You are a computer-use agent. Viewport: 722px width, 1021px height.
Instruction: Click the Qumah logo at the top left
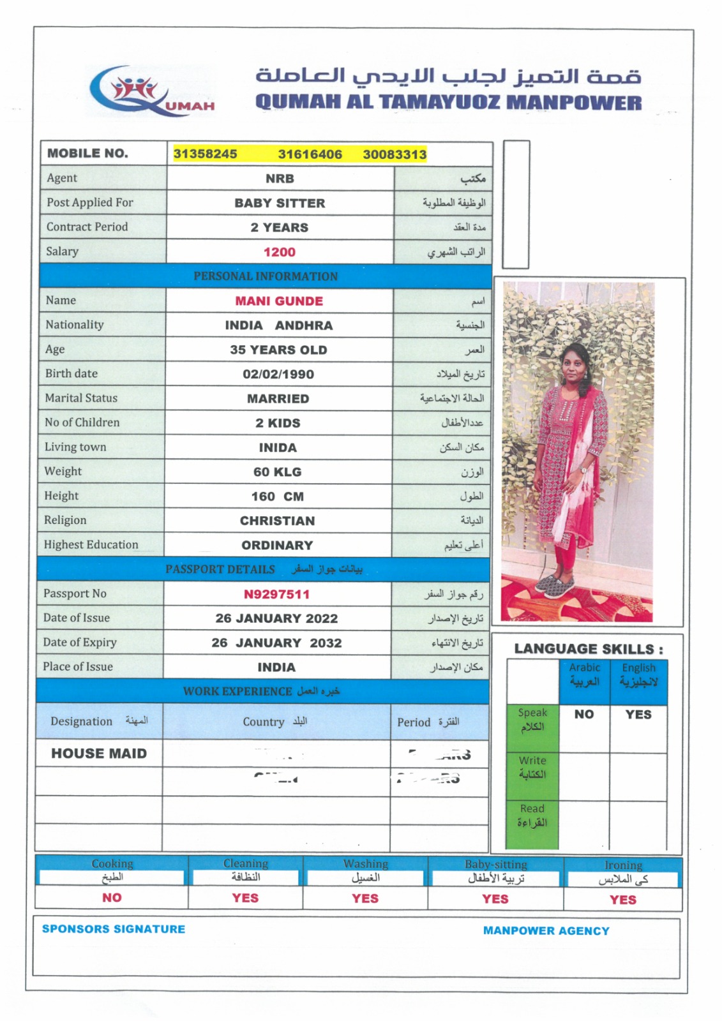tap(151, 91)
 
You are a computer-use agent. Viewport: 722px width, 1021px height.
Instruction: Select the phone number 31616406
tap(310, 154)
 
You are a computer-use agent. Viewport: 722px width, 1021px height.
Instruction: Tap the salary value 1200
tap(280, 252)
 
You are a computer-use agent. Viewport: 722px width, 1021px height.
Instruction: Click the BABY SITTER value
tap(280, 203)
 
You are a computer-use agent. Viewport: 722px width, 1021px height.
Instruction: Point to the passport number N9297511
tap(276, 594)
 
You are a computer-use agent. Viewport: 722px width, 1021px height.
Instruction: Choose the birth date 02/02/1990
tap(278, 374)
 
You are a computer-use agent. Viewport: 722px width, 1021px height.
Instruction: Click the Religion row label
tap(65, 520)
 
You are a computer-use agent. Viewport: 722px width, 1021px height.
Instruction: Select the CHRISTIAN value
tap(277, 521)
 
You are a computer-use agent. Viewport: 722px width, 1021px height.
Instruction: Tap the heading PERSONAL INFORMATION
tap(266, 276)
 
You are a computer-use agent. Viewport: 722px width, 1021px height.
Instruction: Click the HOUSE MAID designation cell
tap(99, 754)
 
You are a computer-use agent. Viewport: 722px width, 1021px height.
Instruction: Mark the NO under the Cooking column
tap(112, 898)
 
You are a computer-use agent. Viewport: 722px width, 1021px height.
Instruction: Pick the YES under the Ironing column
tap(622, 900)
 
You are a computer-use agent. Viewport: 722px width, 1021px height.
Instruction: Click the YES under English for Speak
tap(638, 715)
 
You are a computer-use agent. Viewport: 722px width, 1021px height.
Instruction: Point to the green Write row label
tap(532, 768)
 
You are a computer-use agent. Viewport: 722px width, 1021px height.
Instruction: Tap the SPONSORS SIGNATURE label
tap(114, 929)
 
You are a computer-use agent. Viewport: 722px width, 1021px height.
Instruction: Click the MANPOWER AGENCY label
tap(546, 931)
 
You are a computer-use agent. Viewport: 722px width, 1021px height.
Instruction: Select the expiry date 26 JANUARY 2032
tap(276, 643)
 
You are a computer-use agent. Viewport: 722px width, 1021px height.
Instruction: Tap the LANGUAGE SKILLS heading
tap(588, 649)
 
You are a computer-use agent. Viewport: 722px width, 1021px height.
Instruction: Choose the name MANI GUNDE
tap(279, 301)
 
